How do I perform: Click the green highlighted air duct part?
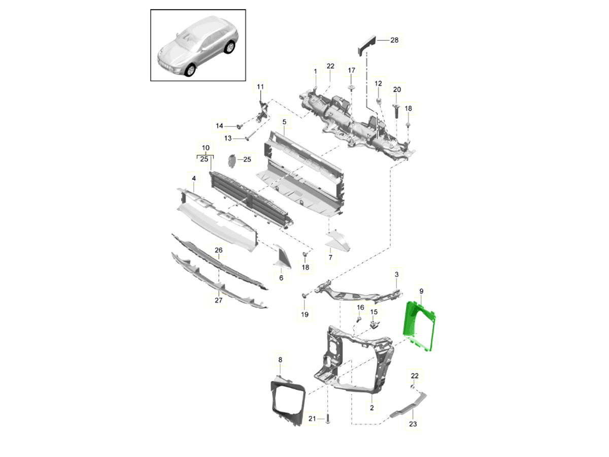click(419, 328)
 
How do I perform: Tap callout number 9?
click(421, 291)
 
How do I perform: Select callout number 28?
click(394, 40)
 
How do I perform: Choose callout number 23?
click(412, 424)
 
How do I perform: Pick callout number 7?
click(330, 258)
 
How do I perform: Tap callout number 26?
click(218, 250)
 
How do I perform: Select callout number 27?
click(218, 301)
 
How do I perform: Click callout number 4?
click(193, 178)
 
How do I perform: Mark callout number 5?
click(284, 122)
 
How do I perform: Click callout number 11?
click(260, 87)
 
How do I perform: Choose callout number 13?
click(227, 138)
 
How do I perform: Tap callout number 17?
click(351, 70)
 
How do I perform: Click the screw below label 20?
click(396, 109)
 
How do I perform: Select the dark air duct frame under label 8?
click(285, 401)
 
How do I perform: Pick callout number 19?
click(304, 315)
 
